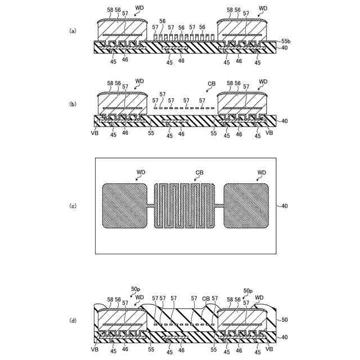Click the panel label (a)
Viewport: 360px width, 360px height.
pyautogui.click(x=73, y=30)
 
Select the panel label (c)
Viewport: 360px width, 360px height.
pyautogui.click(x=73, y=206)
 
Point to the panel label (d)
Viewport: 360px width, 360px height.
pyautogui.click(x=73, y=320)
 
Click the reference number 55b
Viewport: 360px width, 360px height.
pyautogui.click(x=286, y=42)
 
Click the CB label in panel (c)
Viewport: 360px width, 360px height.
pyautogui.click(x=199, y=172)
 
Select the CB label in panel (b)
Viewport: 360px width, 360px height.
pyautogui.click(x=211, y=84)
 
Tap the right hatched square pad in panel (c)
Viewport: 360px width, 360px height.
pyautogui.click(x=246, y=206)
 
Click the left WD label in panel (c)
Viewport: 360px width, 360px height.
pyautogui.click(x=141, y=172)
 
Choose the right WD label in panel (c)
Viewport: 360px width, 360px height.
pyautogui.click(x=262, y=172)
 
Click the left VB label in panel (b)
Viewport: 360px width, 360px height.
pyautogui.click(x=94, y=134)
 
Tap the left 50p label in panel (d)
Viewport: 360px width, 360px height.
pyautogui.click(x=135, y=289)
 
